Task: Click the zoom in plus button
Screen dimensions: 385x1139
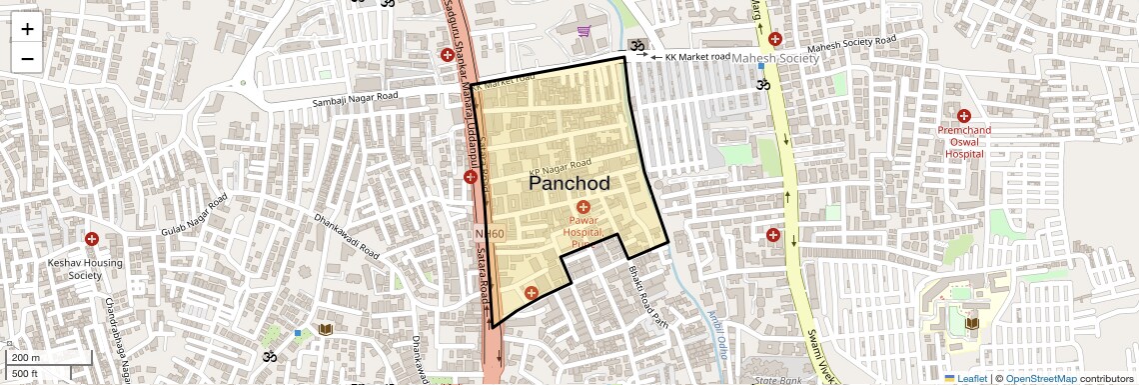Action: [27, 29]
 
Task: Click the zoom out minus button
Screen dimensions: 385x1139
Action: [27, 58]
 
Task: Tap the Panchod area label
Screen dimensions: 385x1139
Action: [569, 184]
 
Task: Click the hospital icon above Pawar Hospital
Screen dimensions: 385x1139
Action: [583, 206]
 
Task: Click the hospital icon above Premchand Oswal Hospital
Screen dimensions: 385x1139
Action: [964, 117]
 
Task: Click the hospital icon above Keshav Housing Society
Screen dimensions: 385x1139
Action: [92, 239]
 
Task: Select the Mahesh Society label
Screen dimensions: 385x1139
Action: [775, 59]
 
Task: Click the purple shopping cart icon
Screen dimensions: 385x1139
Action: [583, 31]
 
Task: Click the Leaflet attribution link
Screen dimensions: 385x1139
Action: [964, 378]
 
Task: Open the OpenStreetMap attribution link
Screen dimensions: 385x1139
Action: [1040, 378]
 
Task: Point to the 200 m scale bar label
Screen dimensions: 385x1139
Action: [25, 358]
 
